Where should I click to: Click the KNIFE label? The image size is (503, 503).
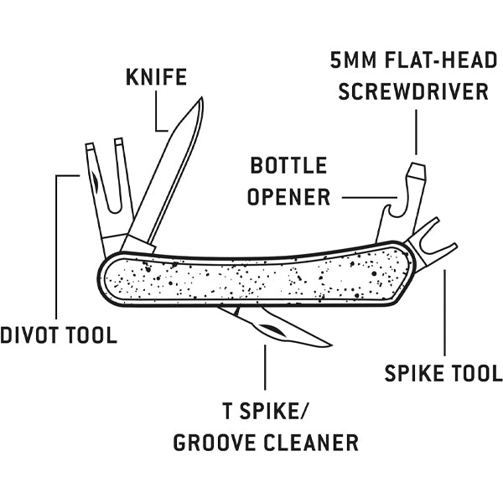pos(156,79)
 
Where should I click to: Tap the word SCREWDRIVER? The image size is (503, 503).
pos(413,91)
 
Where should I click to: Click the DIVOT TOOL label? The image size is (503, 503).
pos(58,335)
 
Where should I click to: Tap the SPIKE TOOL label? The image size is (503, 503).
pos(443,372)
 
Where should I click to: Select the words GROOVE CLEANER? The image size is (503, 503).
pos(266,442)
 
